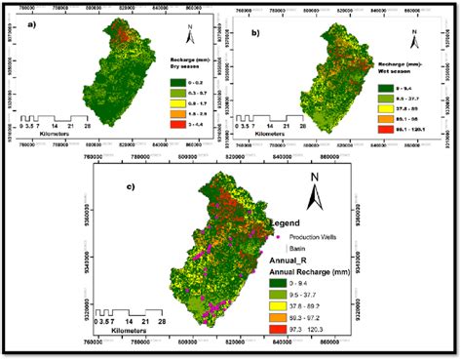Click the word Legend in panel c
click(x=291, y=222)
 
